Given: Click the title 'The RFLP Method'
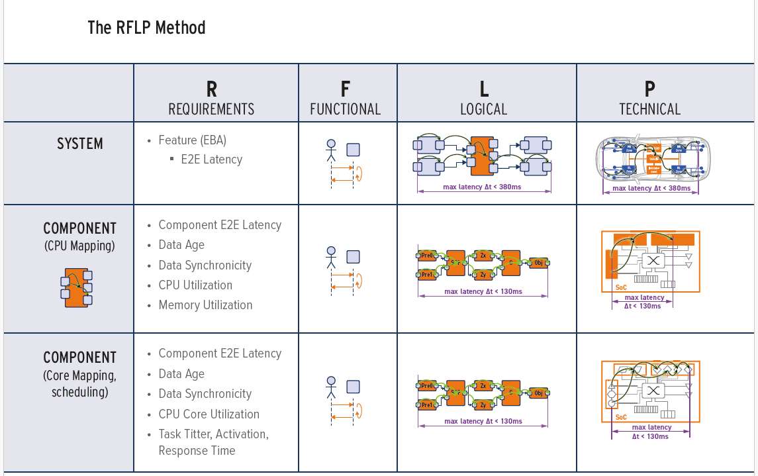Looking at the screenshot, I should click(x=146, y=28).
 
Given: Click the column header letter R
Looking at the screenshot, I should click(x=211, y=89).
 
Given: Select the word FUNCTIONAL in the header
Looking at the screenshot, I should click(x=345, y=109).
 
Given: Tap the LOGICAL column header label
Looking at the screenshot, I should click(x=483, y=109).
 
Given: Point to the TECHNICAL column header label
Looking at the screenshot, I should click(x=649, y=109).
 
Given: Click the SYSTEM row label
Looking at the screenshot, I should click(x=79, y=144).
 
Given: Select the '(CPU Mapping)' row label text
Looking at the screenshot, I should click(x=79, y=246).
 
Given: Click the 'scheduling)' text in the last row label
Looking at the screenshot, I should click(x=79, y=392).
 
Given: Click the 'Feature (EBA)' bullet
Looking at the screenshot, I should click(x=192, y=140).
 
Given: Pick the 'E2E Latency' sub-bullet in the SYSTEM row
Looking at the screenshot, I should click(x=211, y=160).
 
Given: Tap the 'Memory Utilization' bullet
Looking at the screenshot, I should click(x=205, y=305).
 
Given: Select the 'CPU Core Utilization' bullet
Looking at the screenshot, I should click(x=209, y=414).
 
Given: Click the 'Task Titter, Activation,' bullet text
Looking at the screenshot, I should click(x=213, y=434).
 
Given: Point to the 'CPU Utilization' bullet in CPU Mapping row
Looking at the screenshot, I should click(x=195, y=285).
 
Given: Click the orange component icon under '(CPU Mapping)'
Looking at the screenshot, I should click(x=77, y=287).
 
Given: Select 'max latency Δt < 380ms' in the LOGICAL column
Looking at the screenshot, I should click(x=483, y=187).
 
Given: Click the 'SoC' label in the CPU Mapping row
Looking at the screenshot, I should click(x=620, y=287).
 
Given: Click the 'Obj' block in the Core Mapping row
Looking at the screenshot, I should click(x=538, y=393).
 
